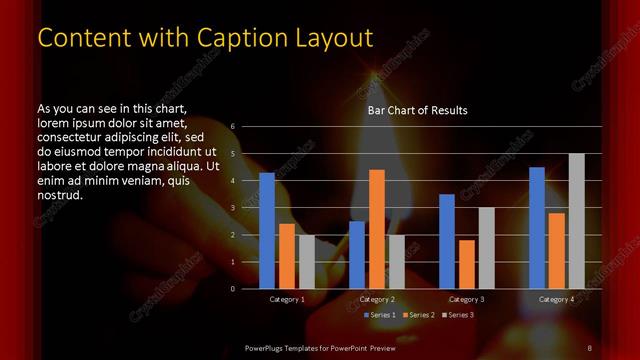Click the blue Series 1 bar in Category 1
click(x=267, y=231)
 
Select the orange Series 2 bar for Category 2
click(x=377, y=229)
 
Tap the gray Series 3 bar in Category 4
click(x=577, y=221)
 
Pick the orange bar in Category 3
click(x=467, y=264)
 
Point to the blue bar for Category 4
click(x=537, y=228)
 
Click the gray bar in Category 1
click(x=307, y=262)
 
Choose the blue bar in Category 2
click(x=357, y=255)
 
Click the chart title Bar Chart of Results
click(x=417, y=110)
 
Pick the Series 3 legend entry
click(x=459, y=315)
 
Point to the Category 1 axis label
click(x=287, y=299)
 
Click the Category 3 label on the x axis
click(x=467, y=299)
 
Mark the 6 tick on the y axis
click(x=233, y=127)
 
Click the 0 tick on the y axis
click(x=233, y=289)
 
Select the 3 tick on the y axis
click(x=233, y=208)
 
